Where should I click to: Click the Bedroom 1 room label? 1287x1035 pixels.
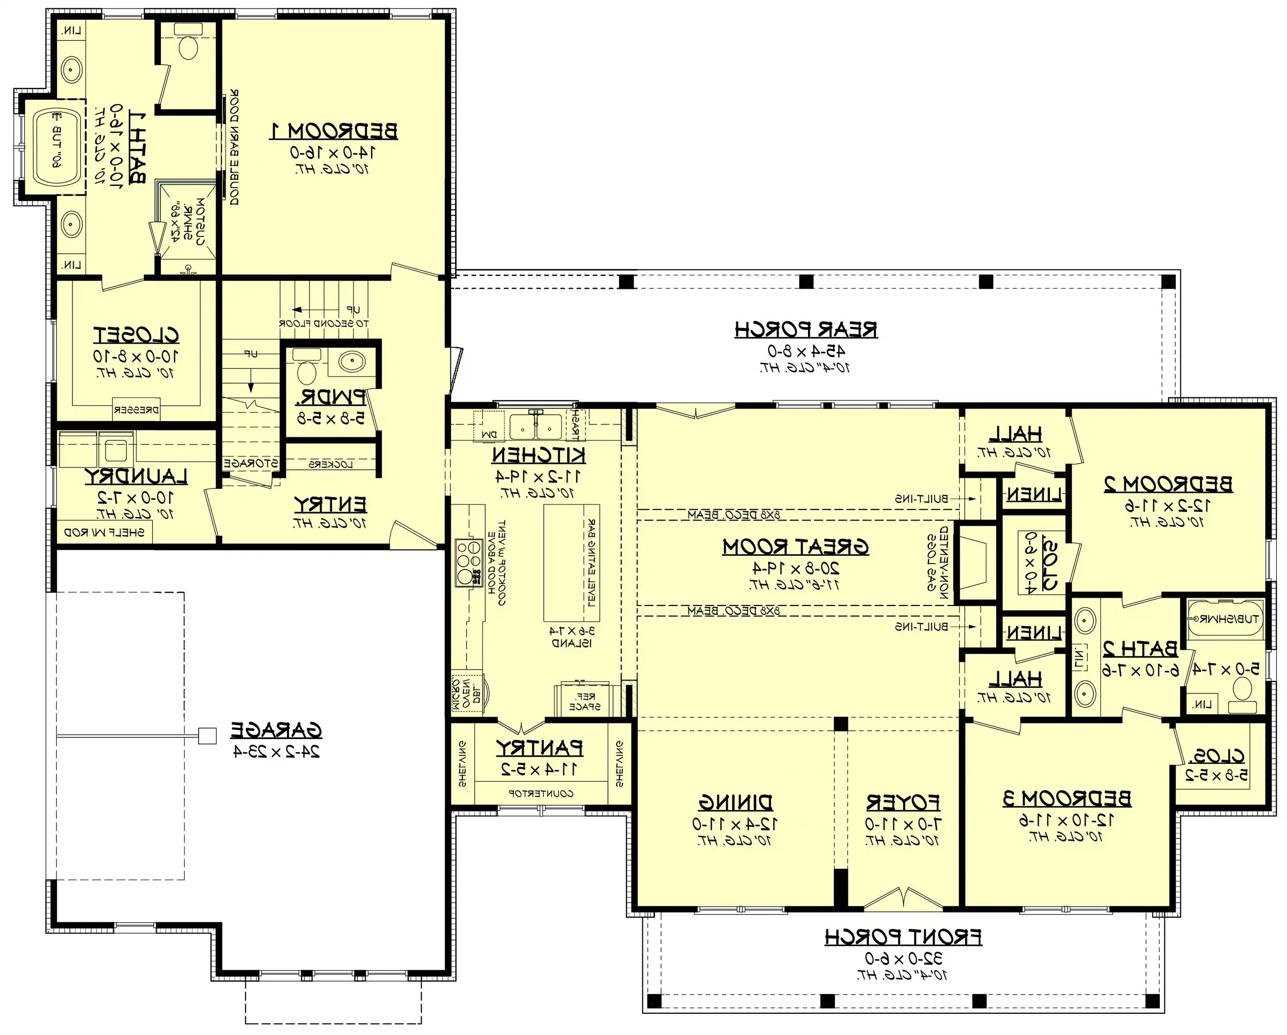(334, 131)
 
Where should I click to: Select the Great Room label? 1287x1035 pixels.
(795, 547)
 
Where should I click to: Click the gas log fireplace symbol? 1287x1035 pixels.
(974, 562)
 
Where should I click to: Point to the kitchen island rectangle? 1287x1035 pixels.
(571, 563)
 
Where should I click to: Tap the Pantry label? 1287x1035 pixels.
(539, 748)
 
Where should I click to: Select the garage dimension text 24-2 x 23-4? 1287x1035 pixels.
(276, 751)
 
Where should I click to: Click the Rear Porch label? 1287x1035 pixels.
(806, 330)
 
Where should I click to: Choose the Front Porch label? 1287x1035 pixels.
(903, 938)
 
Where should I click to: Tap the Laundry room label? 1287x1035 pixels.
(136, 477)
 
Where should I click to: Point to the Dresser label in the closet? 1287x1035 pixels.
(136, 410)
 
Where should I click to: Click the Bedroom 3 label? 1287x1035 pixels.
(1067, 799)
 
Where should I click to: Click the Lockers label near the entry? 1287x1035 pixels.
(331, 464)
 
